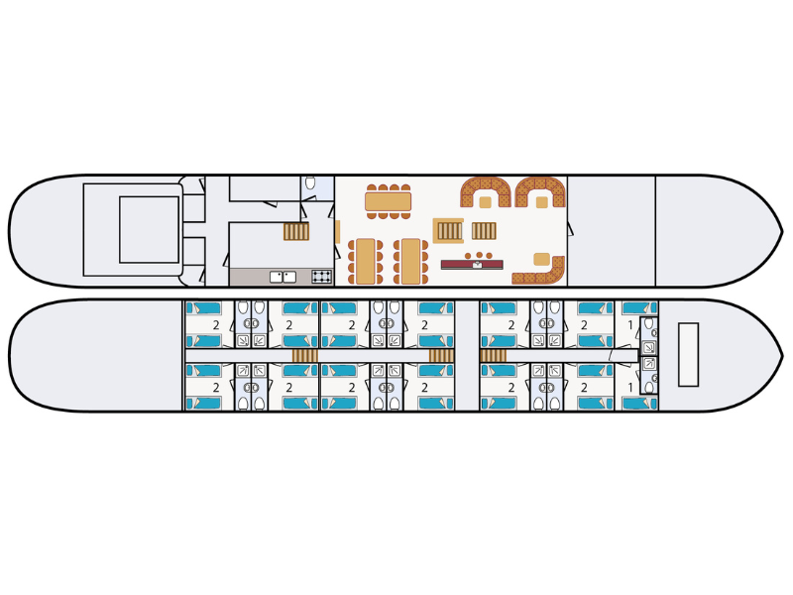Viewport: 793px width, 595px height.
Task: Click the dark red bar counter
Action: pyautogui.click(x=472, y=265)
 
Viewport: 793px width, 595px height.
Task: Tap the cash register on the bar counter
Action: pyautogui.click(x=477, y=264)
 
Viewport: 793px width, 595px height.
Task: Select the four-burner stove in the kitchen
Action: pyautogui.click(x=321, y=277)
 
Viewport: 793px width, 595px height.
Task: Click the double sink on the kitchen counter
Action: pyautogui.click(x=283, y=277)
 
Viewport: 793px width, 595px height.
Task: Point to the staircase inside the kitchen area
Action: pyautogui.click(x=295, y=231)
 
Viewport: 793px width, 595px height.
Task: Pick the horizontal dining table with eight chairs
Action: pyautogui.click(x=388, y=201)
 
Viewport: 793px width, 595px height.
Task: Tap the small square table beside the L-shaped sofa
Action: pyautogui.click(x=541, y=259)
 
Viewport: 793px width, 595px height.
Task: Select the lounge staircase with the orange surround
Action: pyautogui.click(x=449, y=231)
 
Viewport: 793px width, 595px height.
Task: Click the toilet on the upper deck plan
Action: pyautogui.click(x=310, y=183)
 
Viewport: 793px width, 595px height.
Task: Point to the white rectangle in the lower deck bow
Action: pyautogui.click(x=688, y=355)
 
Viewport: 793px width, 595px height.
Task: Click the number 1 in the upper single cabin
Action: pyautogui.click(x=630, y=325)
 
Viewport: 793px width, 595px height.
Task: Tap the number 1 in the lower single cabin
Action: pyautogui.click(x=630, y=388)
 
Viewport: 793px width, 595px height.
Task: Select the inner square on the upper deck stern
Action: pyautogui.click(x=150, y=230)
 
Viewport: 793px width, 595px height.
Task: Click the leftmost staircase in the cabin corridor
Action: pyautogui.click(x=305, y=356)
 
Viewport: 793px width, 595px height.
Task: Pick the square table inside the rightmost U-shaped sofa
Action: pyautogui.click(x=541, y=202)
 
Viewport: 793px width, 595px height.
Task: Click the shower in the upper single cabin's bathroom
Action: pyautogui.click(x=648, y=347)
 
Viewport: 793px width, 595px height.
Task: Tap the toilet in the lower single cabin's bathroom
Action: pyautogui.click(x=649, y=387)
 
